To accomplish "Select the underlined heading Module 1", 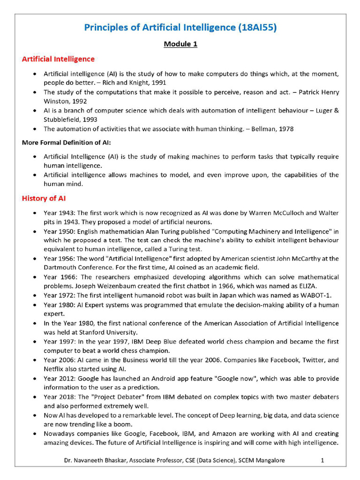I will [180, 44].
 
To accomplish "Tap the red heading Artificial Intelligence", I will [58, 59].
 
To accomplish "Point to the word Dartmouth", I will [60, 267].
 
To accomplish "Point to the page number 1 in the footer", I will [322, 460].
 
